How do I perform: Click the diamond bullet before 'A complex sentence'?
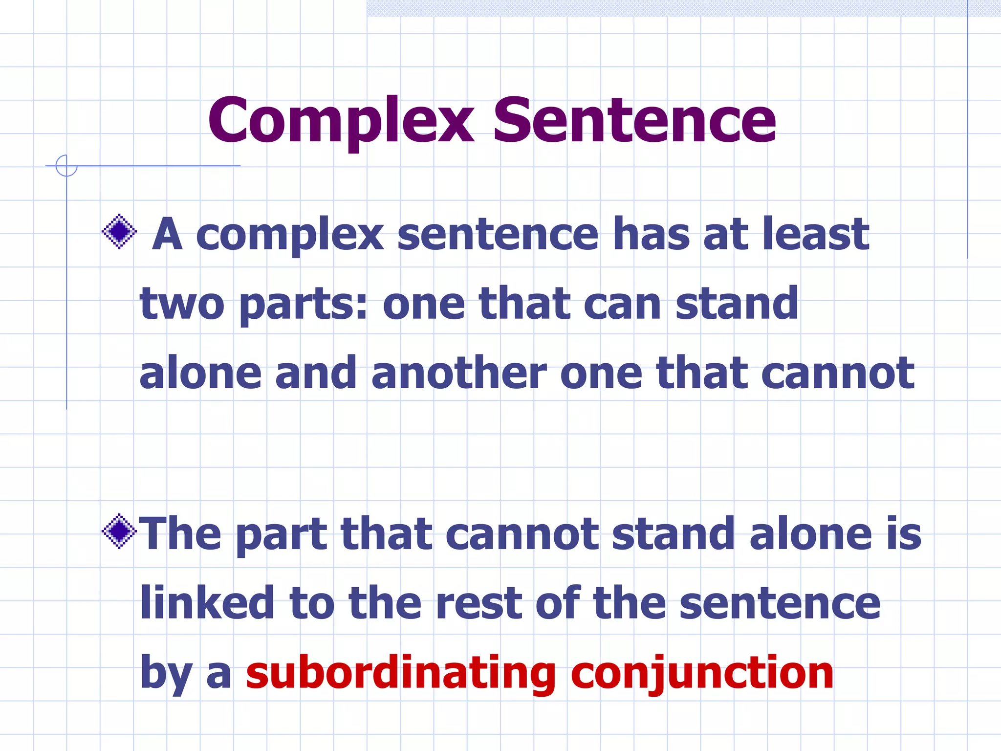pos(119,231)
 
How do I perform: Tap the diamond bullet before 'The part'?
pos(119,531)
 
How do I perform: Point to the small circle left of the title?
pos(66,165)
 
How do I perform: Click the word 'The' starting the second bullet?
pos(180,533)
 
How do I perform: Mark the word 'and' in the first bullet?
pos(316,373)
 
